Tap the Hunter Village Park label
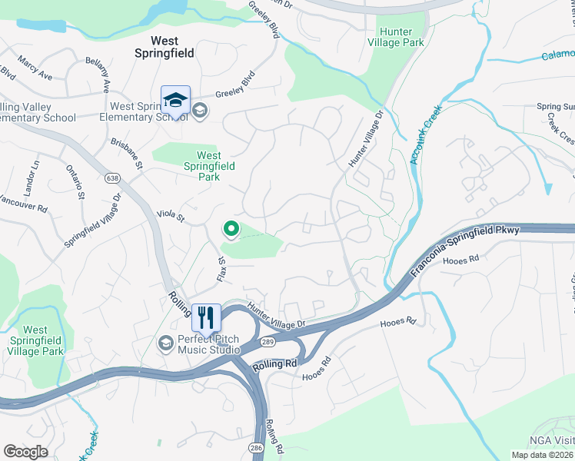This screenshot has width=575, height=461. coord(396,37)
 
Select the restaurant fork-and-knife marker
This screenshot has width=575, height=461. coord(206,317)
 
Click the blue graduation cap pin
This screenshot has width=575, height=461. coord(175,101)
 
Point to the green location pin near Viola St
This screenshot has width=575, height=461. coord(230,228)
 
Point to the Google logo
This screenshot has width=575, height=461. coord(26,452)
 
